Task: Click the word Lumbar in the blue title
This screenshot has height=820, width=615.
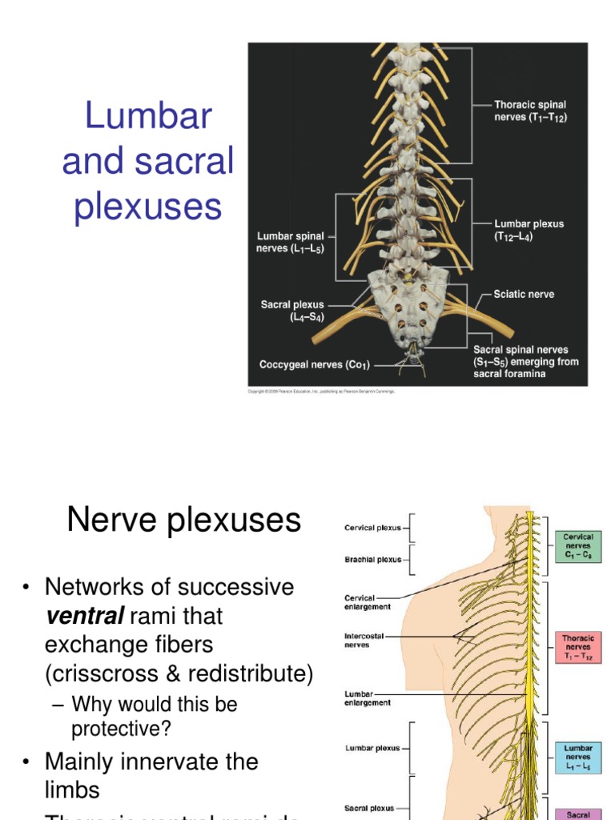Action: (x=148, y=117)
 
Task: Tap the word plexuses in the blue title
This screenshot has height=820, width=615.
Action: (x=148, y=207)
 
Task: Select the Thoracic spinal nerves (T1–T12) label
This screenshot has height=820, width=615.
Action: (x=531, y=111)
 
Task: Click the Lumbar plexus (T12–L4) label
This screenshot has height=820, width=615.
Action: (x=529, y=230)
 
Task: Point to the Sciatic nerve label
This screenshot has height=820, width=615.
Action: (x=524, y=294)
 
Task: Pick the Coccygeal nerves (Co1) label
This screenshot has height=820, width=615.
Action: (x=314, y=365)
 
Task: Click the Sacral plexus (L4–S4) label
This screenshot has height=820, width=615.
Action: (x=292, y=311)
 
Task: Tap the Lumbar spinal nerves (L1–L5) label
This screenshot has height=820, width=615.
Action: (x=291, y=243)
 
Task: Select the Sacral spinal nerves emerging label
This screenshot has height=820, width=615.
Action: (x=525, y=361)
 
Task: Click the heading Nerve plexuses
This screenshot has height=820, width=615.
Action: (x=184, y=521)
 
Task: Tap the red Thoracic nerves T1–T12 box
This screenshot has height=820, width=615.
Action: (x=578, y=648)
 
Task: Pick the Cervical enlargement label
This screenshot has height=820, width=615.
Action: (x=368, y=602)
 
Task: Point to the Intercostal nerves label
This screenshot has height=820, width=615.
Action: (x=364, y=641)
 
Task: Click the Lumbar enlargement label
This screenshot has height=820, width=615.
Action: (x=368, y=697)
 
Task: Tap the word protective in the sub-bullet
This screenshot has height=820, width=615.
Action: (x=122, y=729)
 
